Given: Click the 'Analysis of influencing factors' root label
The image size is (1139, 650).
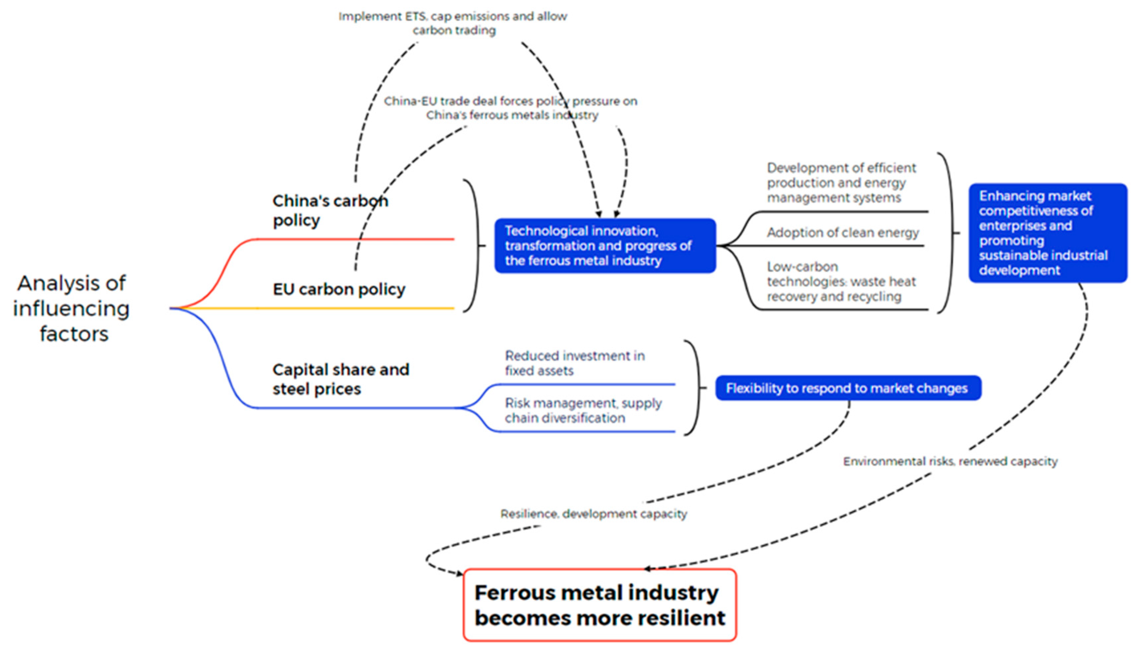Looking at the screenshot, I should click(71, 308).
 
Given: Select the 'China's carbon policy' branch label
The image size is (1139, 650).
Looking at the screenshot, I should click(331, 210).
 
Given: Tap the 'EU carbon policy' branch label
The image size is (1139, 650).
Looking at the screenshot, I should click(339, 289).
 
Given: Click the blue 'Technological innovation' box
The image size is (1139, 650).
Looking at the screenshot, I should click(605, 246).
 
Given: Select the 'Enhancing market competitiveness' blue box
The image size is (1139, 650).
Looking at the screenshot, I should click(1047, 233).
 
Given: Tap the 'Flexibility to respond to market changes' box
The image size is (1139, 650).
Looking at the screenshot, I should click(847, 388).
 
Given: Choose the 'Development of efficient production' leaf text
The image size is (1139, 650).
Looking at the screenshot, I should click(841, 182).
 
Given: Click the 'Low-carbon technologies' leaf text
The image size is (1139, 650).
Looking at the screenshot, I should click(841, 281).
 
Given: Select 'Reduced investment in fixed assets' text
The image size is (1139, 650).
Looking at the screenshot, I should click(574, 363).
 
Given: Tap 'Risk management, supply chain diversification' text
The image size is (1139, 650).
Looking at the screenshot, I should click(583, 410).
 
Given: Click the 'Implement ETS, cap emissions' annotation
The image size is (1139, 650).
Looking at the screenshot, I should click(453, 23).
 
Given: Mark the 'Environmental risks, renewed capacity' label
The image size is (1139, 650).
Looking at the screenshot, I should click(950, 461).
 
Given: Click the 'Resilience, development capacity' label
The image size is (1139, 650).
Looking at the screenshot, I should click(593, 514).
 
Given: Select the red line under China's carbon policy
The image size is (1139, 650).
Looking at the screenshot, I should click(357, 239).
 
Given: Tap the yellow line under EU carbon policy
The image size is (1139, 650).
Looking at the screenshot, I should click(357, 308).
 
